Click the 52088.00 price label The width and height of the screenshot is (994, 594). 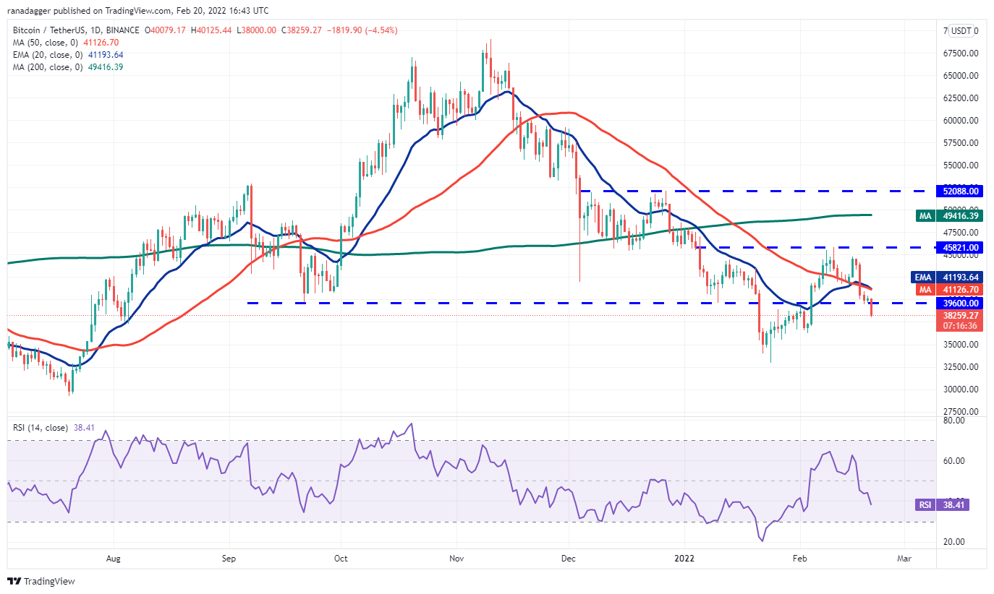point(962,191)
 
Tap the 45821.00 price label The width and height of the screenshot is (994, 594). point(962,247)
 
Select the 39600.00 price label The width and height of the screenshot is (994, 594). point(962,303)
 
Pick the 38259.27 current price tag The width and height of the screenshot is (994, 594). point(962,315)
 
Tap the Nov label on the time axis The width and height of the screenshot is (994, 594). point(456,559)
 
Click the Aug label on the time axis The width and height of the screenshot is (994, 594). point(113,559)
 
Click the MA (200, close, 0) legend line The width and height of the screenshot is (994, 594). point(68,67)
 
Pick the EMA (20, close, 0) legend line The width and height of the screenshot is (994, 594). point(68,55)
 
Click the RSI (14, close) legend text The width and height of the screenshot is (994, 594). point(41,428)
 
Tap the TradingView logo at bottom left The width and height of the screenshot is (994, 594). point(41,581)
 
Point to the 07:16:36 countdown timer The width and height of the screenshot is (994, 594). point(962,326)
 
